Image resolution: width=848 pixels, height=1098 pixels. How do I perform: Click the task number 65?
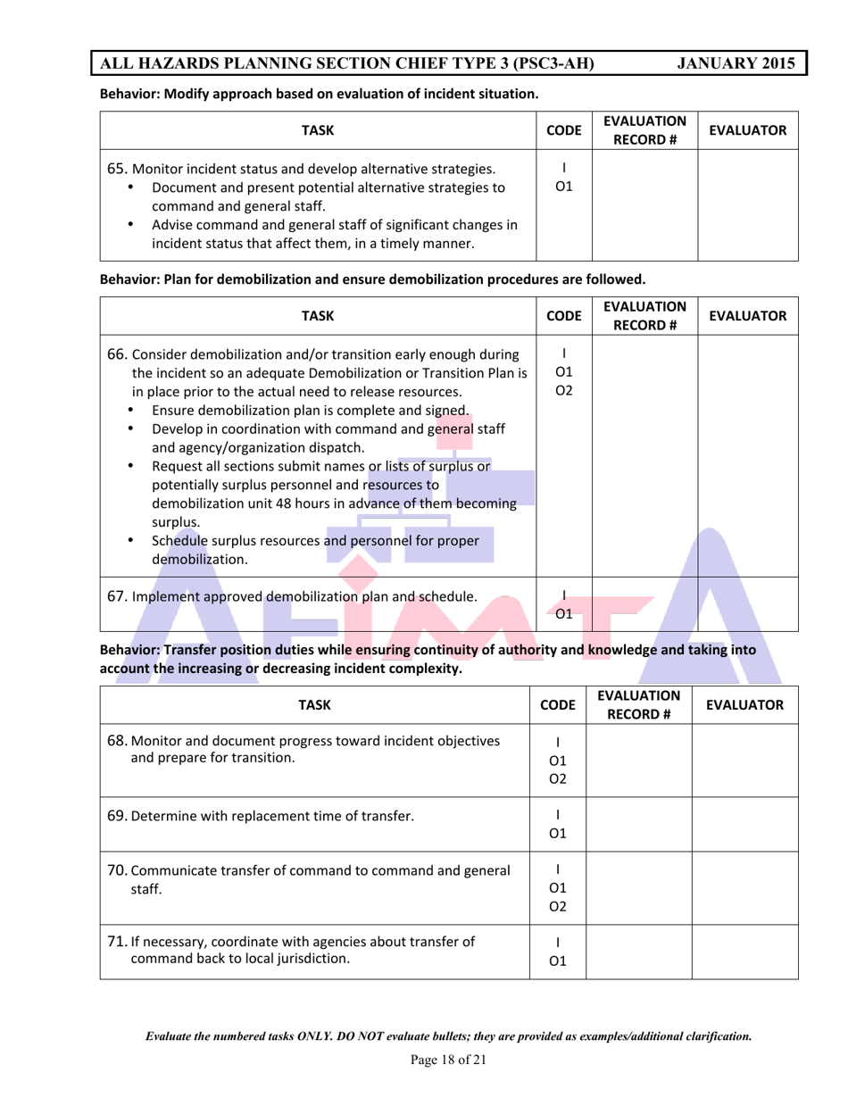tap(117, 169)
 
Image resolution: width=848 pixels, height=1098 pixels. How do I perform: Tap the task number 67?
tap(117, 596)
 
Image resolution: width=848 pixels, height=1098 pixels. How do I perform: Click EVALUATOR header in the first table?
tap(747, 130)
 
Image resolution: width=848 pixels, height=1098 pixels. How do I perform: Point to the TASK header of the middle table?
tap(318, 316)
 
